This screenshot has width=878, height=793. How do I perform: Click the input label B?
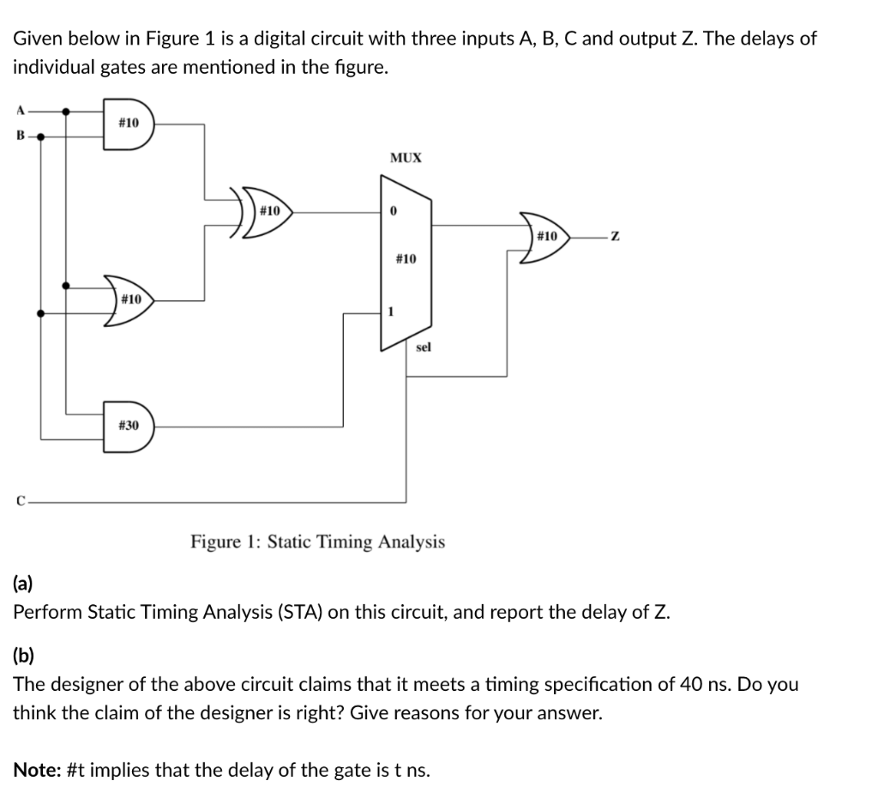(19, 135)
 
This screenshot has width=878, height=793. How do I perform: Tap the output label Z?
(612, 236)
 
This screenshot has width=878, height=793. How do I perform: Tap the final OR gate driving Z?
(545, 236)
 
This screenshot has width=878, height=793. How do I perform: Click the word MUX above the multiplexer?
(406, 158)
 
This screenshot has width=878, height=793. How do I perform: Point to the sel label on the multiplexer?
(423, 347)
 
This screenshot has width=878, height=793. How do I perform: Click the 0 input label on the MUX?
(392, 211)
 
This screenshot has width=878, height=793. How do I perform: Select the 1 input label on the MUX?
(392, 312)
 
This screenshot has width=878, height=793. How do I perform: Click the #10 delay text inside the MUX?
(406, 258)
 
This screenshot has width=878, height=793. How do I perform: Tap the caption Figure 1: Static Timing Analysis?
(317, 542)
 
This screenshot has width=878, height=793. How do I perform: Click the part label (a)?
(23, 584)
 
